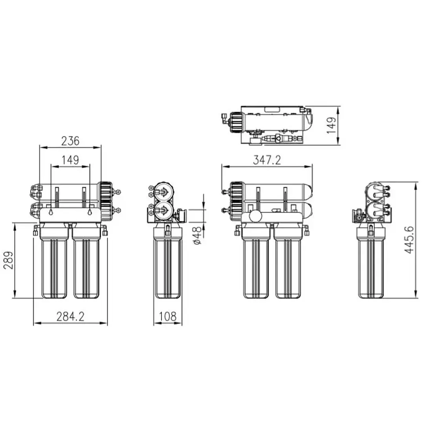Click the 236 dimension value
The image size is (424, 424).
coord(70,141)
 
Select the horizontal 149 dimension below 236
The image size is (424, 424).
coord(70,160)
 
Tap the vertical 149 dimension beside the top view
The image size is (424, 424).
coord(332,125)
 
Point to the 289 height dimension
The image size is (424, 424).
coord(9,260)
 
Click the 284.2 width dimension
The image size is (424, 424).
coord(70,316)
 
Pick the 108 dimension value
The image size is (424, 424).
coord(168,316)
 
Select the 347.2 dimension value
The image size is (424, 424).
coord(267,160)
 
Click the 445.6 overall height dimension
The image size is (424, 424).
coord(409,240)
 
